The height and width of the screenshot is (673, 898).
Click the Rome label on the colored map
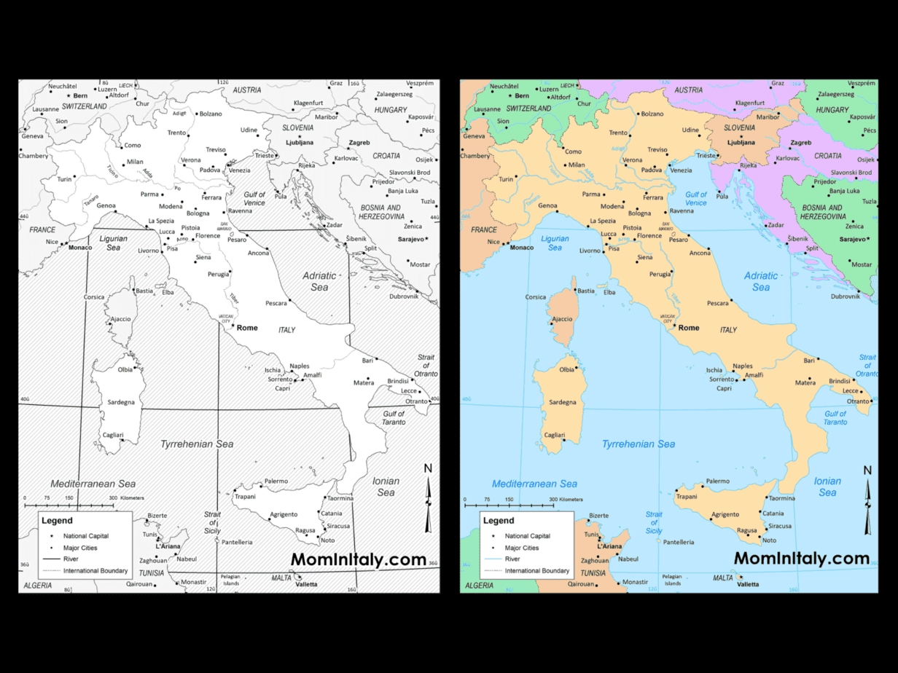(689, 328)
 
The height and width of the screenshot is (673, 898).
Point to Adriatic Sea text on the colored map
(761, 281)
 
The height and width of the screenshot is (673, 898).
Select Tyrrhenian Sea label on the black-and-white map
(197, 444)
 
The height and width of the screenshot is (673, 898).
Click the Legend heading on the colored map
(499, 521)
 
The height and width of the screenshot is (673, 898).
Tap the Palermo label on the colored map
(718, 481)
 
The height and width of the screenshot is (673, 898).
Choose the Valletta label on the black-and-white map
(306, 584)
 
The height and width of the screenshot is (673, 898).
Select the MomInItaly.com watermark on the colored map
(802, 559)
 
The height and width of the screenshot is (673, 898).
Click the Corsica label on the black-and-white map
(94, 297)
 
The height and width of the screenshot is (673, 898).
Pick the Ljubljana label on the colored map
(741, 143)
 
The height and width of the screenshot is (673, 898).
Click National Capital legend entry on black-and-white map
(85, 536)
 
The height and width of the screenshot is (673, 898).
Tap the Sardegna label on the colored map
(563, 402)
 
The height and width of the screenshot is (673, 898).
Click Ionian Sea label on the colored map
(827, 487)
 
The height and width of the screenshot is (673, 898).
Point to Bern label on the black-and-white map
(80, 95)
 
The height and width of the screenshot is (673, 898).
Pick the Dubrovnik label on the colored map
(846, 296)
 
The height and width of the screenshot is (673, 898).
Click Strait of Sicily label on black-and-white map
(212, 522)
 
